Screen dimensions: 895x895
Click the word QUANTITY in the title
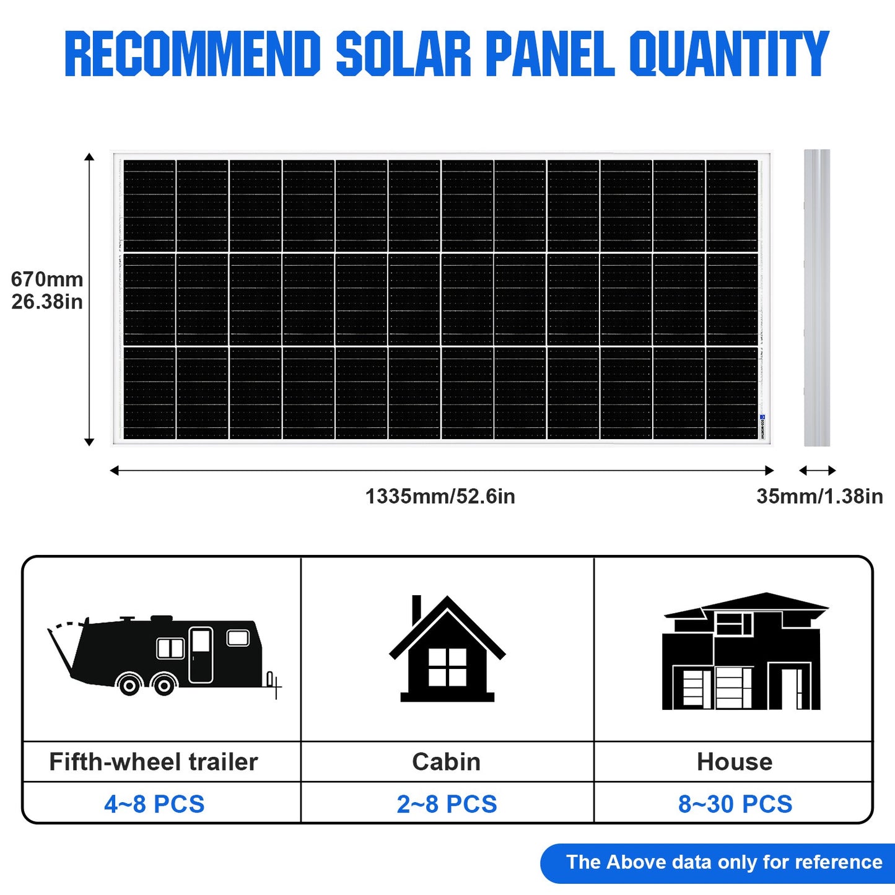tap(729, 54)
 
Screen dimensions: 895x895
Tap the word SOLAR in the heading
tap(403, 54)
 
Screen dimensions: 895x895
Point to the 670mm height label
tap(47, 279)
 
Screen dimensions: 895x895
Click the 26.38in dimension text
tap(47, 302)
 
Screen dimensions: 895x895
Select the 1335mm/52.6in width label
tap(440, 496)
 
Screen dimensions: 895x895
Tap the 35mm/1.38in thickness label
tap(819, 496)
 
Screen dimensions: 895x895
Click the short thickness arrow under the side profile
tap(817, 471)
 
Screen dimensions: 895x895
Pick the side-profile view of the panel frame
tap(816, 297)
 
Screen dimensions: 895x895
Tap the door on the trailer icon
tap(200, 655)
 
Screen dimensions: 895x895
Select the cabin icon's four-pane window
tap(447, 667)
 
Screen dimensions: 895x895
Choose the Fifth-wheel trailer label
tap(154, 762)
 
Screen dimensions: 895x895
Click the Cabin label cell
tap(447, 762)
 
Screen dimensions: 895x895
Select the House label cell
tap(735, 762)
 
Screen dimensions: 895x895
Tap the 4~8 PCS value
tap(154, 804)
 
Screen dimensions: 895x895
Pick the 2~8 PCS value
tap(447, 804)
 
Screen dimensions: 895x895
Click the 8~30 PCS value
tap(735, 804)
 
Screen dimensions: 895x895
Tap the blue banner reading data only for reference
tap(723, 862)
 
